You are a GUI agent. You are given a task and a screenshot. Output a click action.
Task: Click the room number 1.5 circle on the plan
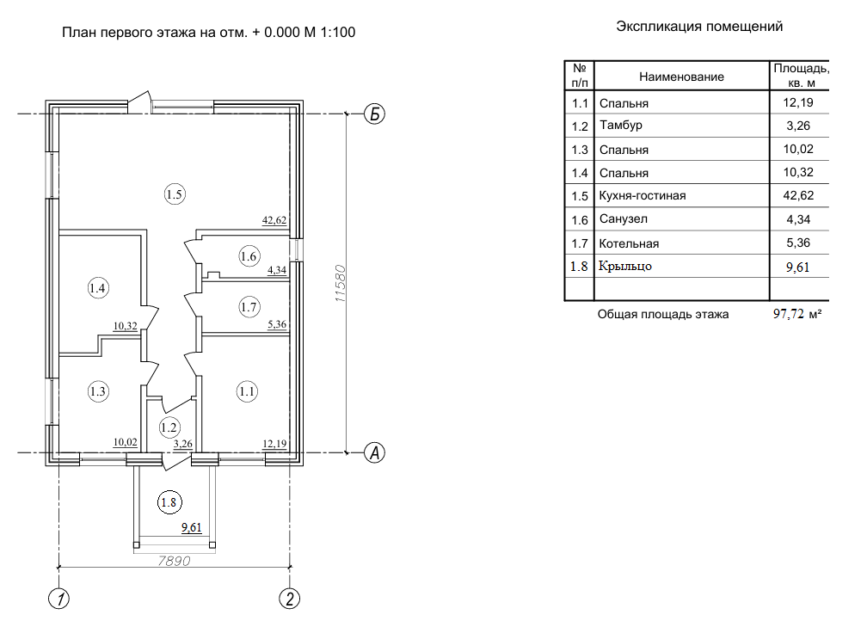(x=175, y=194)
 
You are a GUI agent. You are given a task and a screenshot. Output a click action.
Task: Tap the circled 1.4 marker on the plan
(x=98, y=289)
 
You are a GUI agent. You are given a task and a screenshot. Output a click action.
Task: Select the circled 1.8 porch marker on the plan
(x=169, y=501)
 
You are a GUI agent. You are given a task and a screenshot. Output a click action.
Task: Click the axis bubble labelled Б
(x=373, y=114)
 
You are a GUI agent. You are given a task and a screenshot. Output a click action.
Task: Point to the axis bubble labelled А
(x=373, y=452)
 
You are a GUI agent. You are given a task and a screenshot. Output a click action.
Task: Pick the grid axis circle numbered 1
(x=58, y=599)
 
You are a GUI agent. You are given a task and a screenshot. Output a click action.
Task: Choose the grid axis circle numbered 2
(x=290, y=599)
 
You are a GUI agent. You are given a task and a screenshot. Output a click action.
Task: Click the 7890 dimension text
(x=173, y=561)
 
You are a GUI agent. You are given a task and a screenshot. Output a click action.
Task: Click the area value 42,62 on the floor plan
(x=274, y=220)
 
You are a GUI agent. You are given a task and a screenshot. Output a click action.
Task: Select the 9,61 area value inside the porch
(x=190, y=529)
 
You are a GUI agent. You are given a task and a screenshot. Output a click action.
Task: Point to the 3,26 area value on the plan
(x=183, y=444)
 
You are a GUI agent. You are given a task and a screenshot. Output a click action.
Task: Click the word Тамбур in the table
(x=621, y=126)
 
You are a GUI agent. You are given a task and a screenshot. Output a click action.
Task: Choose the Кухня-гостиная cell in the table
(x=643, y=196)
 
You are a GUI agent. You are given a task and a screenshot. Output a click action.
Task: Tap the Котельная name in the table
(x=630, y=243)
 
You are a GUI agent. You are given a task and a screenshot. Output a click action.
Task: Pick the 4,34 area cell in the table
(x=799, y=220)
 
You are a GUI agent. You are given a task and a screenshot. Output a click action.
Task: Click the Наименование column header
(x=681, y=77)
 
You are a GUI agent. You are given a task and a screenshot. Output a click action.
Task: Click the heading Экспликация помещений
(x=699, y=27)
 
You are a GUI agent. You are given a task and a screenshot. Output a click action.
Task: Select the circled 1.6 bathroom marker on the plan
(x=249, y=255)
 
